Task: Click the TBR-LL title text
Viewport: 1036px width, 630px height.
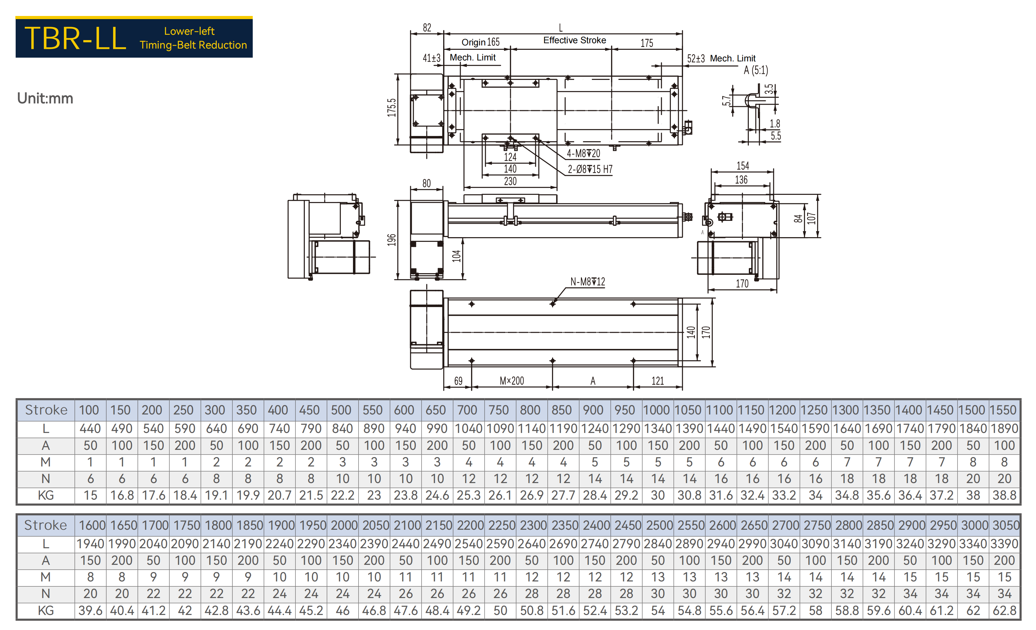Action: click(x=75, y=38)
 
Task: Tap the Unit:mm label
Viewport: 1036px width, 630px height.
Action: click(x=45, y=98)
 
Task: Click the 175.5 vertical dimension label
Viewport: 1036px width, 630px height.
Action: click(x=391, y=108)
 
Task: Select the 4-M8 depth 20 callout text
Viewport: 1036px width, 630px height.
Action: click(x=583, y=154)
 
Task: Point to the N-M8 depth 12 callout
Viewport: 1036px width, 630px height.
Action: click(x=588, y=282)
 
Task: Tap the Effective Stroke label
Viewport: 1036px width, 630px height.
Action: click(x=574, y=40)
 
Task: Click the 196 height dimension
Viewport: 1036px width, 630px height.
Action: click(x=391, y=240)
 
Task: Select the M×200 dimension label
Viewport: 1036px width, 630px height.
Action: click(x=512, y=381)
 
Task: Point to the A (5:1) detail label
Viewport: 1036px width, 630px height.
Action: click(x=756, y=70)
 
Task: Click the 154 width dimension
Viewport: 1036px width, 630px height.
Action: click(x=743, y=166)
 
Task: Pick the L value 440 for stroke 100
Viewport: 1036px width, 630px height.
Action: click(x=90, y=429)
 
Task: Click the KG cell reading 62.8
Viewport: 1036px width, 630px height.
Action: click(x=1004, y=611)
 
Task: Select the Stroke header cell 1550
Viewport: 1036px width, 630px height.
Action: click(x=1004, y=410)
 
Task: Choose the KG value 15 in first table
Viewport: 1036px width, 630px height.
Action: click(x=90, y=495)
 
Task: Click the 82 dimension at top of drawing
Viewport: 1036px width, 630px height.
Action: click(x=427, y=28)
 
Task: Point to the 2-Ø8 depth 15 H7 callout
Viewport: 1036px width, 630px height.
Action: click(x=590, y=169)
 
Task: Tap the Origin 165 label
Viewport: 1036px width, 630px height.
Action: click(x=481, y=43)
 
